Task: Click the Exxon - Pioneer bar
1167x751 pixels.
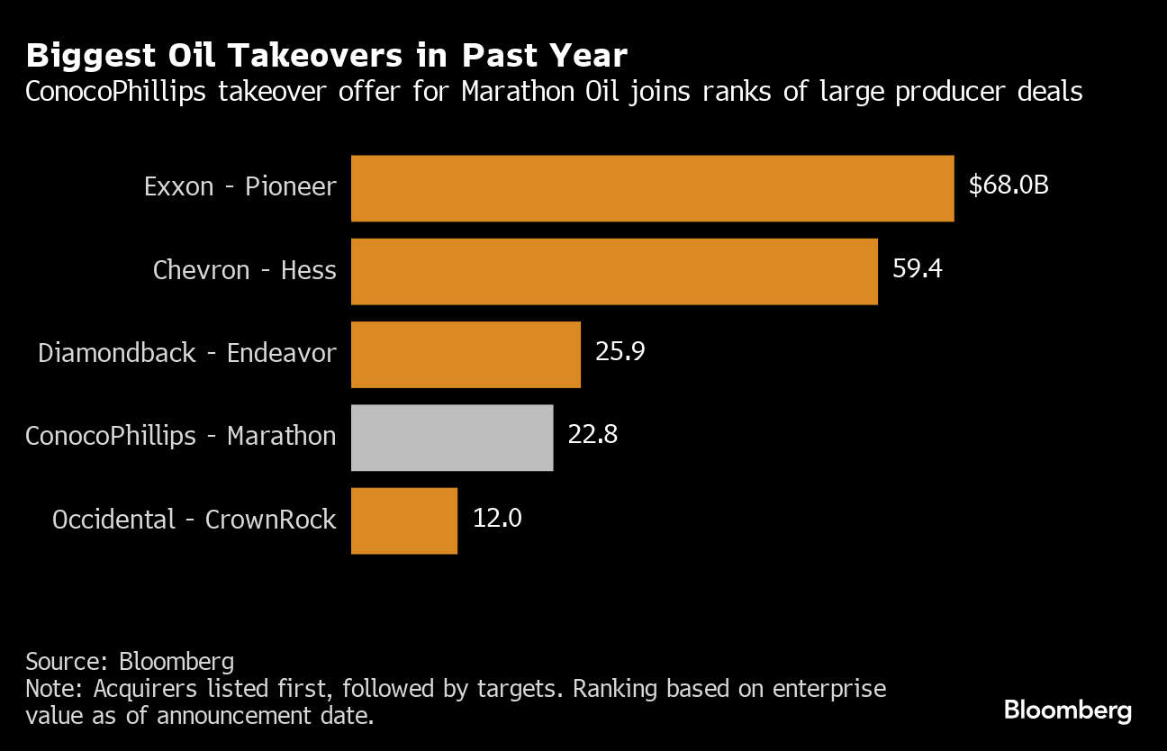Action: [x=652, y=188]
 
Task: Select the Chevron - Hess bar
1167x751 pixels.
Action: [x=614, y=271]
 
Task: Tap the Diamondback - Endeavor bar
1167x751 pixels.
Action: [x=466, y=354]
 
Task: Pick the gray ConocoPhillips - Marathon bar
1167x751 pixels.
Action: [x=452, y=437]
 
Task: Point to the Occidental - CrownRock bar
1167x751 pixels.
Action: [x=404, y=520]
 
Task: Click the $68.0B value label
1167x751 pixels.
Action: [x=1009, y=186]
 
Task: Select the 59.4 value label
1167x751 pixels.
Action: [x=917, y=269]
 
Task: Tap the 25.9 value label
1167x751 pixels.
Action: [x=620, y=352]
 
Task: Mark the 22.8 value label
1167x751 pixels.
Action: [x=593, y=435]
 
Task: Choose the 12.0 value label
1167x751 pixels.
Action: [x=497, y=519]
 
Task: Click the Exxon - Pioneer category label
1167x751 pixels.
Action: [x=240, y=187]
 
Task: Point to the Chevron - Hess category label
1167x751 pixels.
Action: [x=245, y=270]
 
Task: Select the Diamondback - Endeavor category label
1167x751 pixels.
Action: [x=187, y=353]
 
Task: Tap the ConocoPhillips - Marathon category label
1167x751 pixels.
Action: [x=181, y=436]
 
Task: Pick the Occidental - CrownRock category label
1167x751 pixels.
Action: [x=194, y=520]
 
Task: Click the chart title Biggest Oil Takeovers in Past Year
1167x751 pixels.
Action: [x=326, y=56]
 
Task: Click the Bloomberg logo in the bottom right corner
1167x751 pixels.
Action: [x=1067, y=710]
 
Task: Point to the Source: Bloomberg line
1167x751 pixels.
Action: [x=130, y=662]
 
